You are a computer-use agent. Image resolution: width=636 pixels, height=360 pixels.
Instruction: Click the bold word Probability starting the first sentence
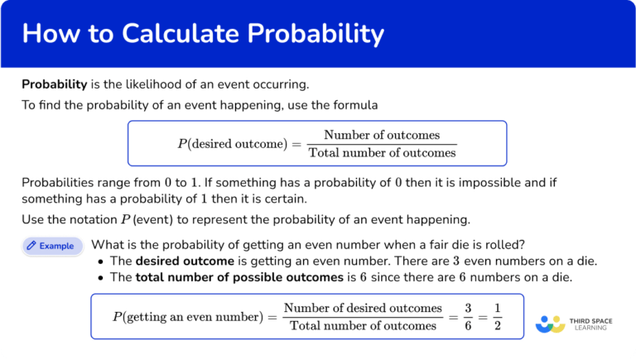point(54,84)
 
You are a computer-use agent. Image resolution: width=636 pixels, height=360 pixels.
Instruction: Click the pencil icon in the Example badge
point(31,246)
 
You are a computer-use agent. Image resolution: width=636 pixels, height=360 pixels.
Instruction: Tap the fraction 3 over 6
point(468,317)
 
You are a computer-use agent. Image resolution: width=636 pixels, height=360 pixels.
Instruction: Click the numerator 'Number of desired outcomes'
point(363,309)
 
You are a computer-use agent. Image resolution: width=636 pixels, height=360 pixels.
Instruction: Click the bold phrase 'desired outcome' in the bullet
point(171,261)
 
